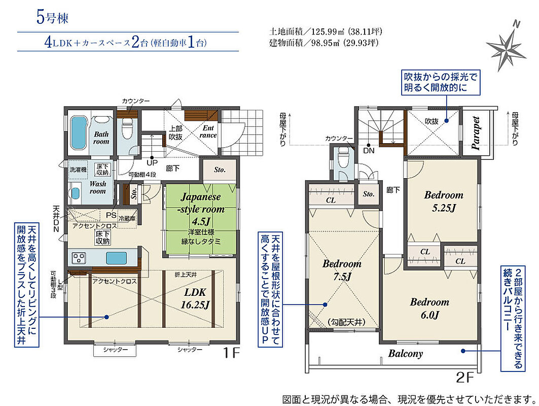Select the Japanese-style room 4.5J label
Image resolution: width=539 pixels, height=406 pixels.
tap(201, 209)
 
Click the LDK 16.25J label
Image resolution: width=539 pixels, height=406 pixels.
tap(195, 298)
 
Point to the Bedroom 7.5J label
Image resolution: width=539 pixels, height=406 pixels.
tap(342, 270)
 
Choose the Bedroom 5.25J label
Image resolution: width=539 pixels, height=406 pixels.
tap(444, 201)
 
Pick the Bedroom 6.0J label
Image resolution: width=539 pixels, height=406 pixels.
tap(429, 308)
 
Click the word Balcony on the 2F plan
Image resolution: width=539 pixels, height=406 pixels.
tap(406, 353)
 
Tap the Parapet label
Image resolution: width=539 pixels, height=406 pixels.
tap(476, 133)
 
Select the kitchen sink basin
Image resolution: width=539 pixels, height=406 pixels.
tap(116, 258)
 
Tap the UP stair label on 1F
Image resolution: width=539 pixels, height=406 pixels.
tap(152, 162)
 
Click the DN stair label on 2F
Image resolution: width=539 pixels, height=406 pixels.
tap(369, 151)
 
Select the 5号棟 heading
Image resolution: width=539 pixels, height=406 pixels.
tap(52, 18)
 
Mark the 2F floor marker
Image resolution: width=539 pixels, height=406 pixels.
tap(465, 378)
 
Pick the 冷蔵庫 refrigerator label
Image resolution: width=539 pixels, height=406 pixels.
tap(127, 218)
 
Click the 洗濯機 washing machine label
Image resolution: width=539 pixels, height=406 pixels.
tap(79, 170)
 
